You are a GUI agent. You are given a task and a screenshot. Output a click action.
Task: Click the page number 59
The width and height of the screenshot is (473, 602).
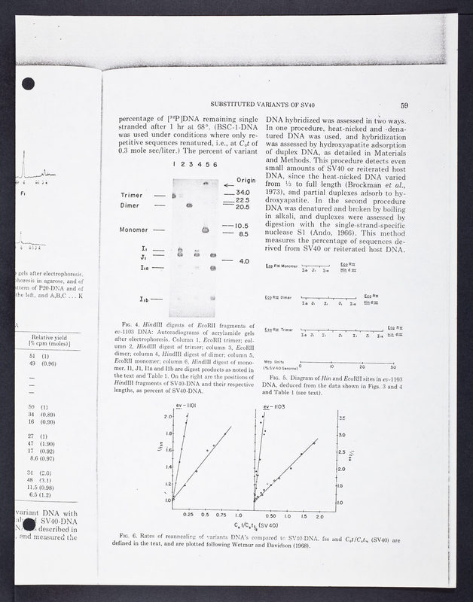(404, 105)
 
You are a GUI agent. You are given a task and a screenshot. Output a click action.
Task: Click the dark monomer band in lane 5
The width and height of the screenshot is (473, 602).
(203, 229)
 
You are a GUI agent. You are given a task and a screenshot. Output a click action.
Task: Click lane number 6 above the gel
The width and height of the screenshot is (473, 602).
(215, 164)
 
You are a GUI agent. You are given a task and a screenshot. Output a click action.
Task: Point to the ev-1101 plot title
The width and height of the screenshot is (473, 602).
(185, 407)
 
